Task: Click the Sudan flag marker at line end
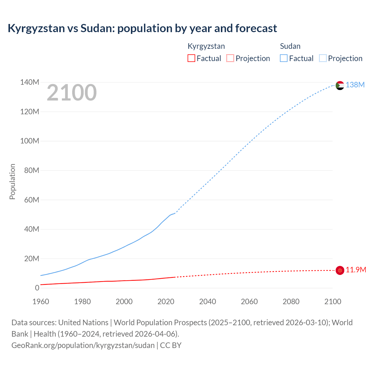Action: [x=340, y=85]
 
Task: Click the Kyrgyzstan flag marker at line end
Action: [x=340, y=271]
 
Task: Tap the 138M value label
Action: [x=355, y=85]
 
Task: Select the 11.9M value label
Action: [x=356, y=270]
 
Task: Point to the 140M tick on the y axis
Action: [x=30, y=82]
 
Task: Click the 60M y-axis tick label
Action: [x=32, y=200]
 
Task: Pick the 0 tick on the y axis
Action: [x=37, y=288]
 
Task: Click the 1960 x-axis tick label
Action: [x=41, y=302]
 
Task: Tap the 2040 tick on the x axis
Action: [x=207, y=302]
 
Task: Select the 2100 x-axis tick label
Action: [x=333, y=302]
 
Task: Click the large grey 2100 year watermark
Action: [x=72, y=93]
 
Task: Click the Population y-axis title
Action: [x=12, y=181]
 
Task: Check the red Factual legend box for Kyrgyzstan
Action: [x=191, y=58]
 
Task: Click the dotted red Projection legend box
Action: [x=230, y=58]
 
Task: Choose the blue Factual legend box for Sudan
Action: [x=284, y=58]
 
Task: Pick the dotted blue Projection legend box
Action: [x=323, y=58]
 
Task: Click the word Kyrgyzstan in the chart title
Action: [x=36, y=28]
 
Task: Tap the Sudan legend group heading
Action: [x=290, y=46]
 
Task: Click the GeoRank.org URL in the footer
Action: [x=83, y=345]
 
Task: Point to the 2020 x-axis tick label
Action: [x=166, y=302]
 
